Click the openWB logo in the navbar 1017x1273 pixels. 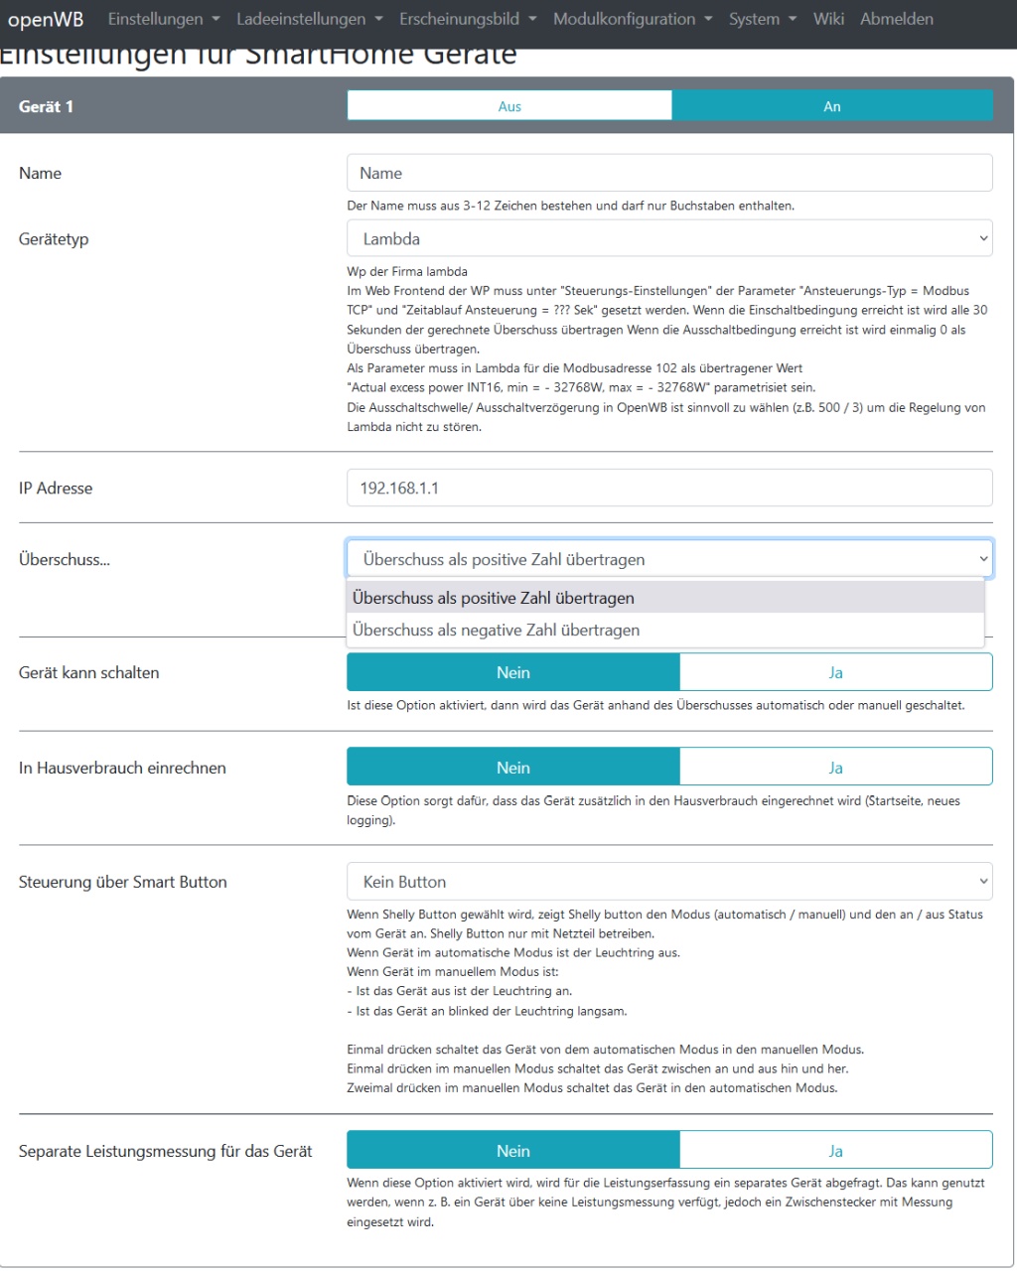(x=46, y=20)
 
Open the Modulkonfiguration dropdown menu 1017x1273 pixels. (x=633, y=19)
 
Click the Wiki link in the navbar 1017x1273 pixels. (x=828, y=19)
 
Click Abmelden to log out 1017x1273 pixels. (x=897, y=19)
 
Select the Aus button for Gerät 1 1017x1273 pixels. (x=509, y=106)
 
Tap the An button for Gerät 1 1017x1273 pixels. (x=832, y=106)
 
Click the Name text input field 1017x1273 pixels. (x=669, y=173)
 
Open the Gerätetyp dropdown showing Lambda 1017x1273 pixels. (x=669, y=239)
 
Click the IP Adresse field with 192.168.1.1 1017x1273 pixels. (x=669, y=489)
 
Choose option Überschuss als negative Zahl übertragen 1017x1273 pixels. (x=497, y=631)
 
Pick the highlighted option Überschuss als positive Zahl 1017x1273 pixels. (x=494, y=599)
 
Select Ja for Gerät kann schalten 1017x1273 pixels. (x=835, y=673)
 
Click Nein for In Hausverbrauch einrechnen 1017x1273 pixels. (x=513, y=769)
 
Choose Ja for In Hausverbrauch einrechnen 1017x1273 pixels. (x=835, y=769)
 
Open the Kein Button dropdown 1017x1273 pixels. (x=669, y=882)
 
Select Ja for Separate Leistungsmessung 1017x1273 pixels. (x=835, y=1152)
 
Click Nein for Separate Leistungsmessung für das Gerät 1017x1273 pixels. (x=513, y=1152)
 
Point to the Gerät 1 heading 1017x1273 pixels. (x=46, y=106)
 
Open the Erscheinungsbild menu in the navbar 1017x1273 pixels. (x=468, y=19)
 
